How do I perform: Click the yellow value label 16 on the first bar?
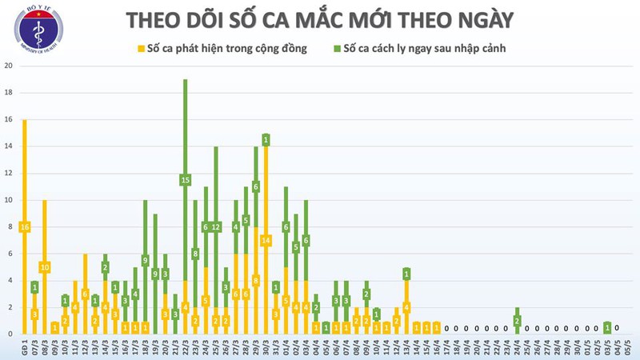click(x=25, y=227)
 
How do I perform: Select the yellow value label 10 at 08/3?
click(x=45, y=267)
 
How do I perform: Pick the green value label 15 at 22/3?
click(x=186, y=180)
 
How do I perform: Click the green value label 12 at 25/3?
click(x=215, y=227)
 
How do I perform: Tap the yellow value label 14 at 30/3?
click(x=266, y=240)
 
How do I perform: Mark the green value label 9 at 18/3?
click(x=145, y=260)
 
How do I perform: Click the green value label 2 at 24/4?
click(x=517, y=321)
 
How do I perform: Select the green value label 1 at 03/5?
click(x=608, y=327)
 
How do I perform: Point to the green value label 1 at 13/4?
click(x=406, y=274)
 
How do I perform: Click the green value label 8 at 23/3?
click(x=195, y=254)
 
